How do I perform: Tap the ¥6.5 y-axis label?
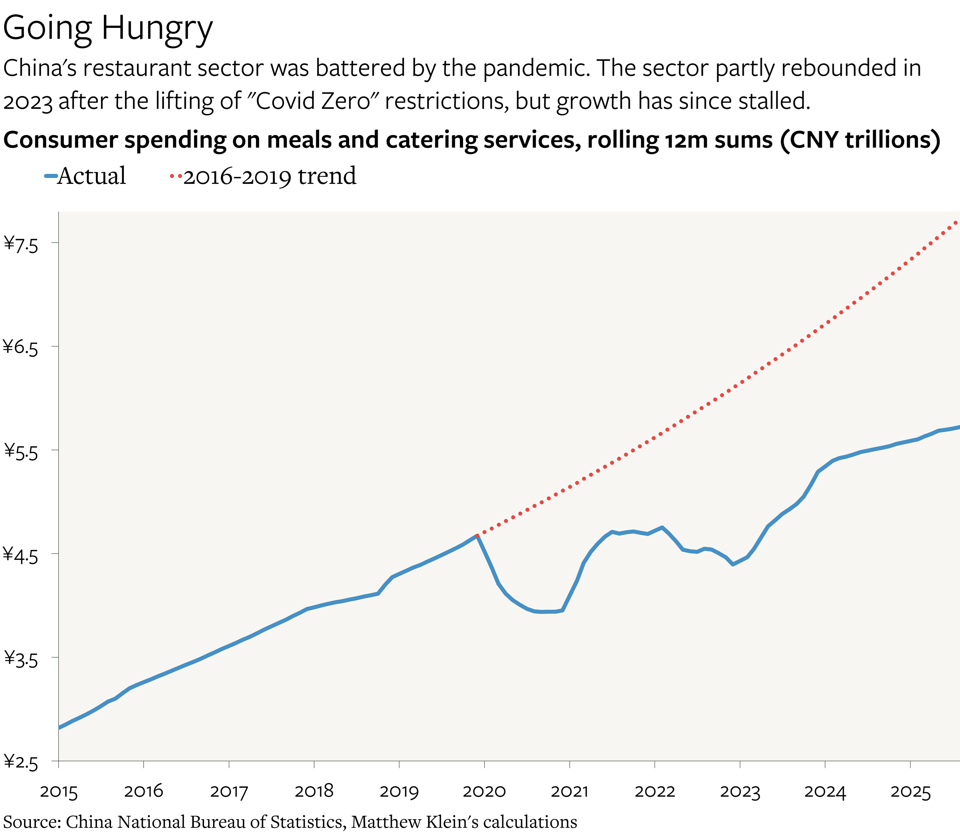(21, 348)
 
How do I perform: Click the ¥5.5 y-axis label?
(21, 451)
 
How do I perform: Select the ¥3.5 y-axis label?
(21, 659)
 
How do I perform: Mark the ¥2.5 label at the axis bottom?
(21, 762)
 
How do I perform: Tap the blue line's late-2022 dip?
(733, 565)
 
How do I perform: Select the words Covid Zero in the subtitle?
(313, 101)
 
